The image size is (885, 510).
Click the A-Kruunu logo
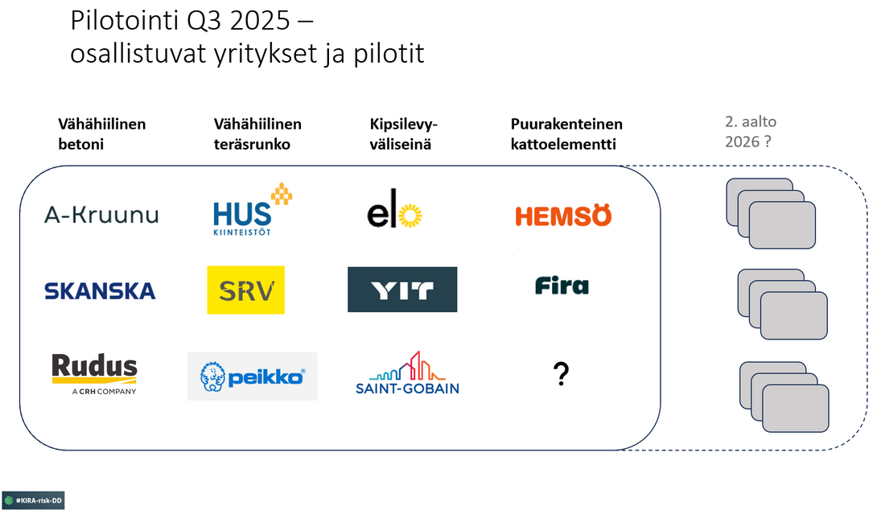(x=101, y=215)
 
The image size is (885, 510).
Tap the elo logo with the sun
(x=395, y=215)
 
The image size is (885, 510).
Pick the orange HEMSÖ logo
(x=563, y=216)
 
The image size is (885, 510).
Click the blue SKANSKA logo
(x=101, y=290)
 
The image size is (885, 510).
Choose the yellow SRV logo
(x=245, y=290)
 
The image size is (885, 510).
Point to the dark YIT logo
(x=402, y=290)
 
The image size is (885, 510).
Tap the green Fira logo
(x=562, y=286)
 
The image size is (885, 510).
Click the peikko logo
(x=252, y=376)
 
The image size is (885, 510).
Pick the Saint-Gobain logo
(x=407, y=374)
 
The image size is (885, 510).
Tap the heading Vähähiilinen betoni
(x=101, y=134)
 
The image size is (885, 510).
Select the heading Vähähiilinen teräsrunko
(x=257, y=134)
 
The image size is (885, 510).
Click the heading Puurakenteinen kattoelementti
(x=566, y=134)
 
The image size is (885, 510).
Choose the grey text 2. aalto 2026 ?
(x=749, y=133)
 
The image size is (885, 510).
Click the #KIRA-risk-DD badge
(x=33, y=500)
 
